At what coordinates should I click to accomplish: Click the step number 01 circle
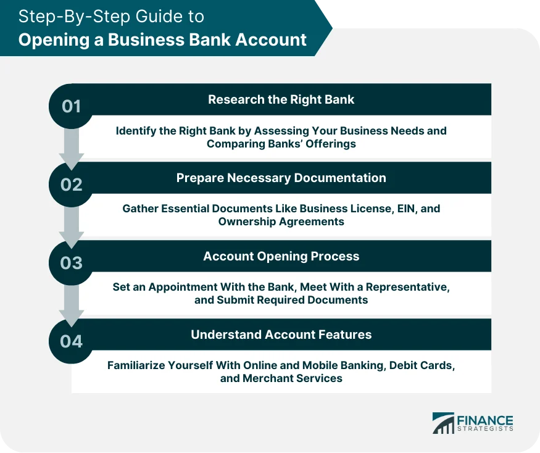[x=72, y=106]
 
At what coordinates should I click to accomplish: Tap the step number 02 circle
[x=72, y=185]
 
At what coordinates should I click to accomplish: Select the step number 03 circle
[x=72, y=263]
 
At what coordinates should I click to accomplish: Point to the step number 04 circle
[x=72, y=341]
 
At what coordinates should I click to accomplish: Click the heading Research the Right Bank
[x=281, y=99]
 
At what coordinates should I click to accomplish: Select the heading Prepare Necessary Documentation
[x=281, y=178]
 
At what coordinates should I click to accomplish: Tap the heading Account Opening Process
[x=281, y=256]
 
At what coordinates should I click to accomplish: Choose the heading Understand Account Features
[x=281, y=335]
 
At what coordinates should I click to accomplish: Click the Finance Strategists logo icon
[x=442, y=423]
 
